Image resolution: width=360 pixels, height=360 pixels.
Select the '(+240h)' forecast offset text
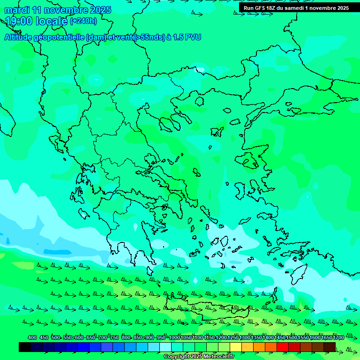(x=83, y=21)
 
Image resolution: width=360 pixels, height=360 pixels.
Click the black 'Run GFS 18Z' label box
(x=296, y=8)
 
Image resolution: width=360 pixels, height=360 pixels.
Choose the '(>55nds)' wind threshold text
(x=149, y=37)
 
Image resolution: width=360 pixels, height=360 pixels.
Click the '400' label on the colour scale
(x=32, y=338)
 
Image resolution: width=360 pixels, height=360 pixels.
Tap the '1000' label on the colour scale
(x=174, y=338)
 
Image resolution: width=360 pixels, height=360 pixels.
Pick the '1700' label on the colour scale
(x=338, y=338)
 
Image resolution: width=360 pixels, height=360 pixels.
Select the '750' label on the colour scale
(x=114, y=338)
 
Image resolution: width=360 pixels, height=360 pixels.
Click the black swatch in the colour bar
(x=25, y=347)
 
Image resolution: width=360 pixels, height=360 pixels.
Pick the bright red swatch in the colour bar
(x=283, y=347)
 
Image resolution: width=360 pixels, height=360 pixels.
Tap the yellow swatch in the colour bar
(x=236, y=347)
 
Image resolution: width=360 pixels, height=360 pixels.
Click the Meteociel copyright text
(x=199, y=357)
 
